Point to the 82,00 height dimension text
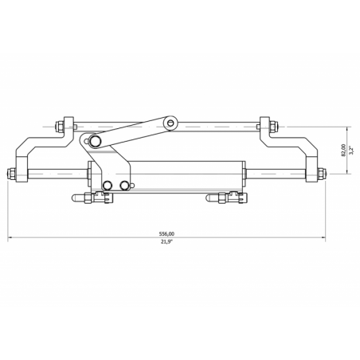(342, 150)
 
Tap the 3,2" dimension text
(351, 150)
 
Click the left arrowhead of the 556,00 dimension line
(11, 238)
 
